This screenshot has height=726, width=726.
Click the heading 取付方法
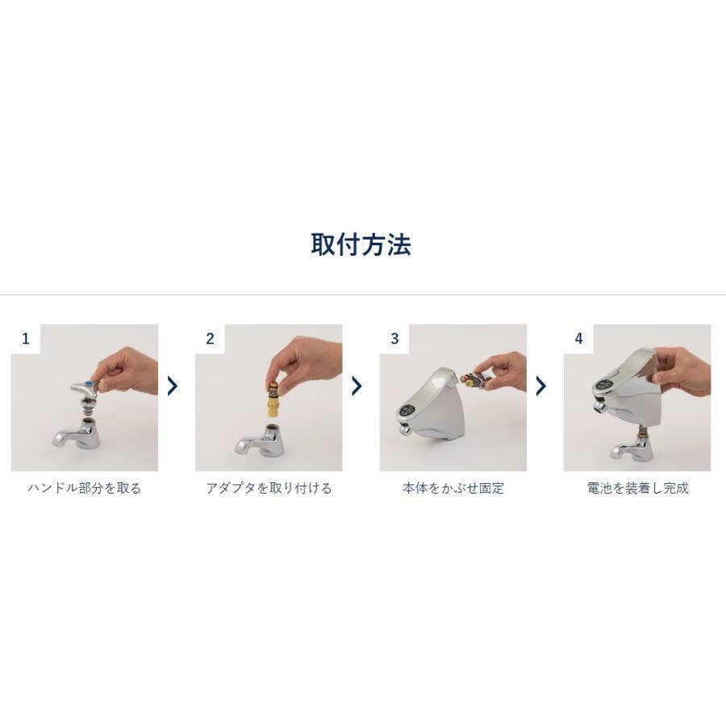click(x=361, y=244)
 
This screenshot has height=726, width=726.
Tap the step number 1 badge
click(x=26, y=339)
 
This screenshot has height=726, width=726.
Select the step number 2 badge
click(x=211, y=339)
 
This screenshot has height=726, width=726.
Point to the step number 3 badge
click(x=394, y=339)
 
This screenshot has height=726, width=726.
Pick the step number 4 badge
click(x=578, y=339)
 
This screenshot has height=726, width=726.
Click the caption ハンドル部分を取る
click(x=84, y=488)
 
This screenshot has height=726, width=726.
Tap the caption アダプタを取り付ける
click(x=269, y=488)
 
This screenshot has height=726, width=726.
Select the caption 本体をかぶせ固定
click(x=453, y=488)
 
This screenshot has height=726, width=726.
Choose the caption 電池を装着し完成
click(x=637, y=488)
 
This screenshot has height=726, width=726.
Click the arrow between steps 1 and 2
click(x=173, y=386)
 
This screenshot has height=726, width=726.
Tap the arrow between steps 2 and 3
click(x=357, y=386)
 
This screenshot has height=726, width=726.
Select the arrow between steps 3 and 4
click(x=541, y=386)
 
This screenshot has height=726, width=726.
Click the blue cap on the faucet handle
click(x=90, y=383)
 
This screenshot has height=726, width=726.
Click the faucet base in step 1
click(x=77, y=435)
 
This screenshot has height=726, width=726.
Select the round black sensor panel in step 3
click(x=407, y=411)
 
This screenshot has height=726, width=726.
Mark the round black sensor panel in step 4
click(x=603, y=384)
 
